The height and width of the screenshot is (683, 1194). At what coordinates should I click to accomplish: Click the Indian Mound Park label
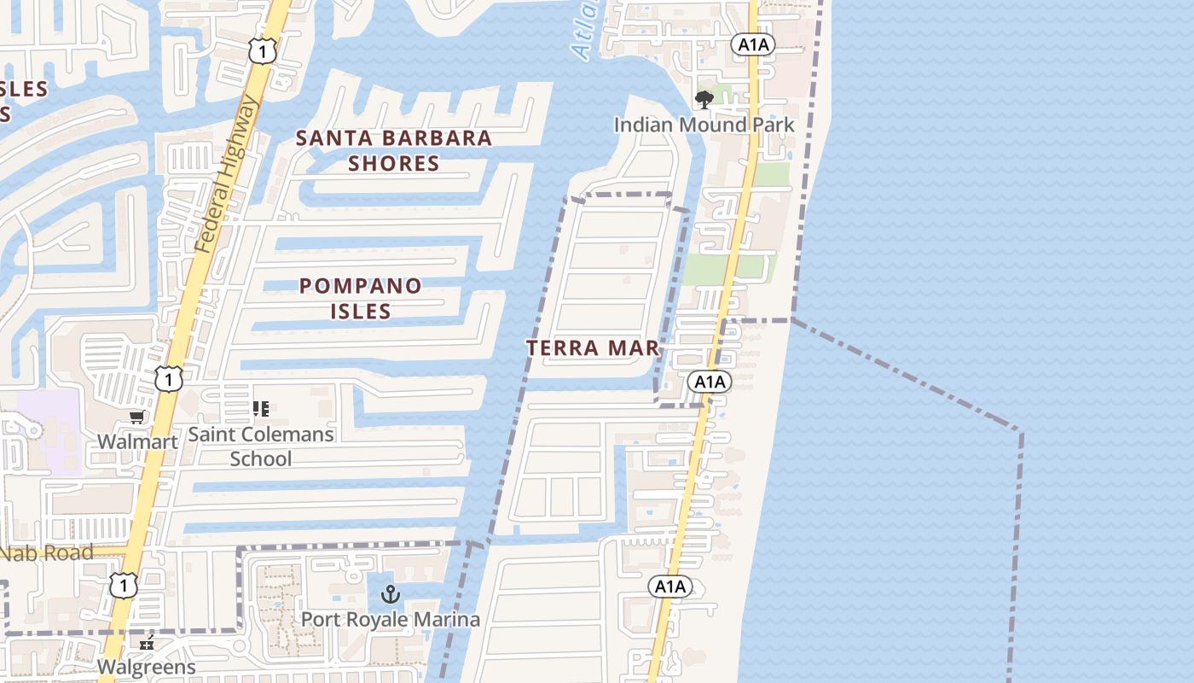pos(704,125)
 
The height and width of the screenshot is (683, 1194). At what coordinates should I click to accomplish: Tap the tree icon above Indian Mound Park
pos(704,101)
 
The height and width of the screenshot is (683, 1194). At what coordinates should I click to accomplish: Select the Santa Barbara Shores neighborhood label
pos(394,150)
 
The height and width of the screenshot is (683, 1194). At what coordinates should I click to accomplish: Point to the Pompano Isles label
pos(361,298)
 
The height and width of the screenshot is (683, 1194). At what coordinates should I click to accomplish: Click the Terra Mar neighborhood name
pos(593,348)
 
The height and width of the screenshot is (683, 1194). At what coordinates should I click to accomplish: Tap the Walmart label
pos(137,441)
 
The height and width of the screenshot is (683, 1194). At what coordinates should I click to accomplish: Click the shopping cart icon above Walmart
pos(136,417)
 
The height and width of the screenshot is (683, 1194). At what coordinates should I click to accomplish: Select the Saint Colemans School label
pos(261,447)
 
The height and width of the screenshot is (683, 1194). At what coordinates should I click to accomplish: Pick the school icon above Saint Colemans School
pos(261,410)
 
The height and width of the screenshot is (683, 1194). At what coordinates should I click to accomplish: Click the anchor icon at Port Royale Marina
pos(391,594)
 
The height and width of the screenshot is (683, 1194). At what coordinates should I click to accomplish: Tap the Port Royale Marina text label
pos(391,619)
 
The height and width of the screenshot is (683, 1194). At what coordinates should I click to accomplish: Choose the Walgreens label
pos(147,667)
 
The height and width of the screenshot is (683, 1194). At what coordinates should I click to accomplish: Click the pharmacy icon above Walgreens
pos(147,642)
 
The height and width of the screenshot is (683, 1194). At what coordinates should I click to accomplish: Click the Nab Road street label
pos(47,553)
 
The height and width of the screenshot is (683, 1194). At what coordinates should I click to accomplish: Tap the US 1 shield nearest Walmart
pos(169,378)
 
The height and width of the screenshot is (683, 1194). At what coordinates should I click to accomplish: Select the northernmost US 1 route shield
pos(263,52)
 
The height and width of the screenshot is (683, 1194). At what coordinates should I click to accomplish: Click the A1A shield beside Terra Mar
pos(710,382)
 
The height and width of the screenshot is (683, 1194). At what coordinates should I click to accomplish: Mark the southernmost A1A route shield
pos(669,587)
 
